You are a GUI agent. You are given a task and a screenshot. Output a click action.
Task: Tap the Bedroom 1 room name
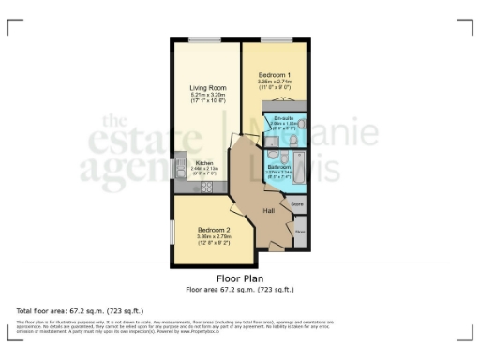(x=276, y=74)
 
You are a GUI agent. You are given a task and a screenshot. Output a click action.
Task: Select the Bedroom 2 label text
(x=214, y=230)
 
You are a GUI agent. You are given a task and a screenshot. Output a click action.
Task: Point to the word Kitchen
(x=204, y=162)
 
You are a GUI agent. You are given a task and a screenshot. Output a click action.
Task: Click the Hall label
(x=268, y=208)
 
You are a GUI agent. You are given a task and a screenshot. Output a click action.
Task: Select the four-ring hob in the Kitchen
(x=203, y=187)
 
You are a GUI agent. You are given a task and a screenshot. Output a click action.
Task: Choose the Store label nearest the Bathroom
(x=297, y=202)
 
